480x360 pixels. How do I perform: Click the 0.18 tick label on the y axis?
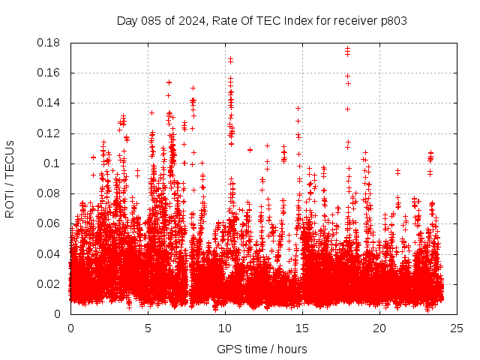click(50, 43)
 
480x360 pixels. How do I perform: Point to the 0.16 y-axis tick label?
click(50, 73)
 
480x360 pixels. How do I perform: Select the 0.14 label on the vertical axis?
click(50, 103)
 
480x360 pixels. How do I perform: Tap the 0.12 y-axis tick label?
click(50, 133)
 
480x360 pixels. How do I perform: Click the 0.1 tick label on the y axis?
click(53, 163)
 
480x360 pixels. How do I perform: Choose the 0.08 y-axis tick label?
click(50, 193)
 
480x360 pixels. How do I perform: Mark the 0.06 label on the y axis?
click(50, 223)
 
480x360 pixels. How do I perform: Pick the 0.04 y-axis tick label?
click(50, 253)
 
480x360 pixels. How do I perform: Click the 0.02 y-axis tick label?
click(50, 283)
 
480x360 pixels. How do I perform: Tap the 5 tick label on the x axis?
click(148, 328)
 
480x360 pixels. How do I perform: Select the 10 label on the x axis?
click(225, 328)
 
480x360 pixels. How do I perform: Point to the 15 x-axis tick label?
click(302, 328)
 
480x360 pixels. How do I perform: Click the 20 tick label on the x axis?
click(379, 328)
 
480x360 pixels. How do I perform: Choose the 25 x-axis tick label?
click(457, 328)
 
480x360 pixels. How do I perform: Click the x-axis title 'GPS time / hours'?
click(262, 349)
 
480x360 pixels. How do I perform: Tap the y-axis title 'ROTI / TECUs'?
click(10, 178)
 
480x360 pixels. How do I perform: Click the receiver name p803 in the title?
click(393, 20)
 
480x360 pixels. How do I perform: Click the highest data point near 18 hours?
click(347, 49)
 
